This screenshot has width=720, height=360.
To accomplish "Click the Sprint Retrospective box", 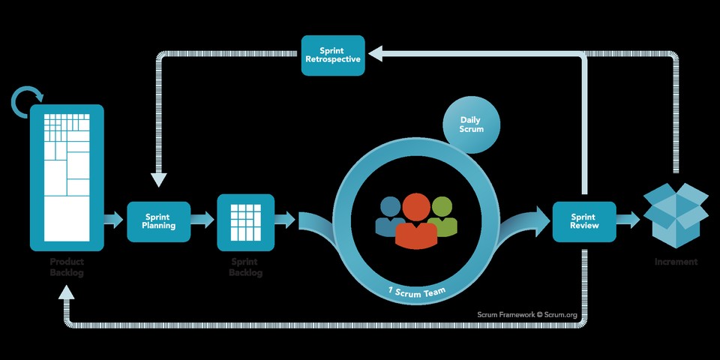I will click(x=333, y=55).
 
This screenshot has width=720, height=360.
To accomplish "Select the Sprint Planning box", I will click(x=159, y=221).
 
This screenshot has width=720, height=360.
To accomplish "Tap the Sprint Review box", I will click(x=584, y=221).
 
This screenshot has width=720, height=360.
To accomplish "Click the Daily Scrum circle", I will click(x=472, y=124).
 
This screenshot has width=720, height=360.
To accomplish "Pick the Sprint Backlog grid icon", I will click(x=245, y=222).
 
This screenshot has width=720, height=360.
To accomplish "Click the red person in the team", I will click(x=416, y=221).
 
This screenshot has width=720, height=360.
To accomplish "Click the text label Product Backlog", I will click(x=67, y=267).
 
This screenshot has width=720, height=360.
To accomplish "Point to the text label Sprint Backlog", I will click(x=245, y=267).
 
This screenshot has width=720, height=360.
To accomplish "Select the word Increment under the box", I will click(x=676, y=262).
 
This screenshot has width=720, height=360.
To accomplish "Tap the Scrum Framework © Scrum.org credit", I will click(x=527, y=315).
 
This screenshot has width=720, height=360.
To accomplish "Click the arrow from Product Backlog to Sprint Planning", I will click(x=113, y=220).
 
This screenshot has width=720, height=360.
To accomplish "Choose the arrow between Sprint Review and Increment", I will click(x=629, y=220).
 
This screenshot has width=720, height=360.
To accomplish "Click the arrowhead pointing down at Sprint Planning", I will click(x=158, y=179).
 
